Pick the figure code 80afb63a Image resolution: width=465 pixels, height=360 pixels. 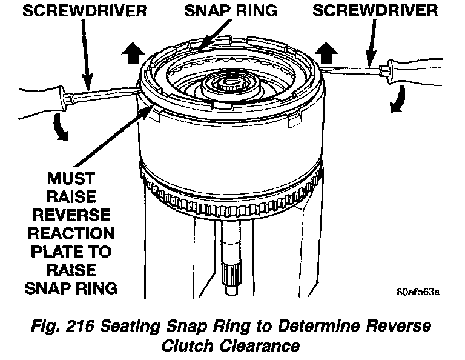418,291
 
